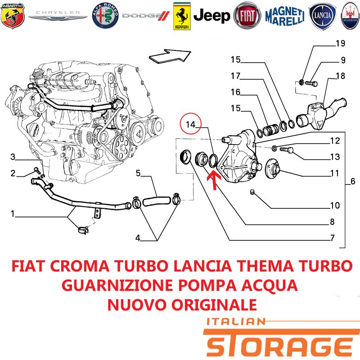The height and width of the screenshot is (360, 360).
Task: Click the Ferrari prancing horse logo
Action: (x=182, y=16)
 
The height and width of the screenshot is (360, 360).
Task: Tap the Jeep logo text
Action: (x=211, y=16)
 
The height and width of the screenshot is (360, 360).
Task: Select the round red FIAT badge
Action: (x=247, y=16)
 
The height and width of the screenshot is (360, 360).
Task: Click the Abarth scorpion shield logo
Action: (x=13, y=16)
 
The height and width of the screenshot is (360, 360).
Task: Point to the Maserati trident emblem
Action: (x=351, y=16)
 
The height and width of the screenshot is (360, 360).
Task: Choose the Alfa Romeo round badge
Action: (x=105, y=16)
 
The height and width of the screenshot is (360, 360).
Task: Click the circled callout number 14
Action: (x=190, y=125)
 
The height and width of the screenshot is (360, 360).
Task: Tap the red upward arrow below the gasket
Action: (x=214, y=181)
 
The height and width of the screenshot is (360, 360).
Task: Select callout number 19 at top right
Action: (x=340, y=43)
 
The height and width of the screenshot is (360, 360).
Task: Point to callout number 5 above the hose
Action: (x=138, y=173)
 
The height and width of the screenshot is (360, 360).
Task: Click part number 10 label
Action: (x=335, y=205)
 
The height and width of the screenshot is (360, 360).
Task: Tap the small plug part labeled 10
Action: (x=252, y=192)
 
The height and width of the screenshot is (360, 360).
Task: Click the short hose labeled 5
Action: (x=157, y=201)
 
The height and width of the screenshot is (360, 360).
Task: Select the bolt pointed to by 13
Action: (x=287, y=150)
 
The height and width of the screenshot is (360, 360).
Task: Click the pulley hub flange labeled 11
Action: (x=272, y=170)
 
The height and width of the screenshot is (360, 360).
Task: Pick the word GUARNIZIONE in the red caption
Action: (x=117, y=285)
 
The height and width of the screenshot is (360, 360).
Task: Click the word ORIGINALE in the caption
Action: (x=214, y=305)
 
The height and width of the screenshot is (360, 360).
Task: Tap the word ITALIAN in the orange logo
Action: (x=236, y=322)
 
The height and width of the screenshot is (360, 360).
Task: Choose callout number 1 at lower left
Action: (x=13, y=214)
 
